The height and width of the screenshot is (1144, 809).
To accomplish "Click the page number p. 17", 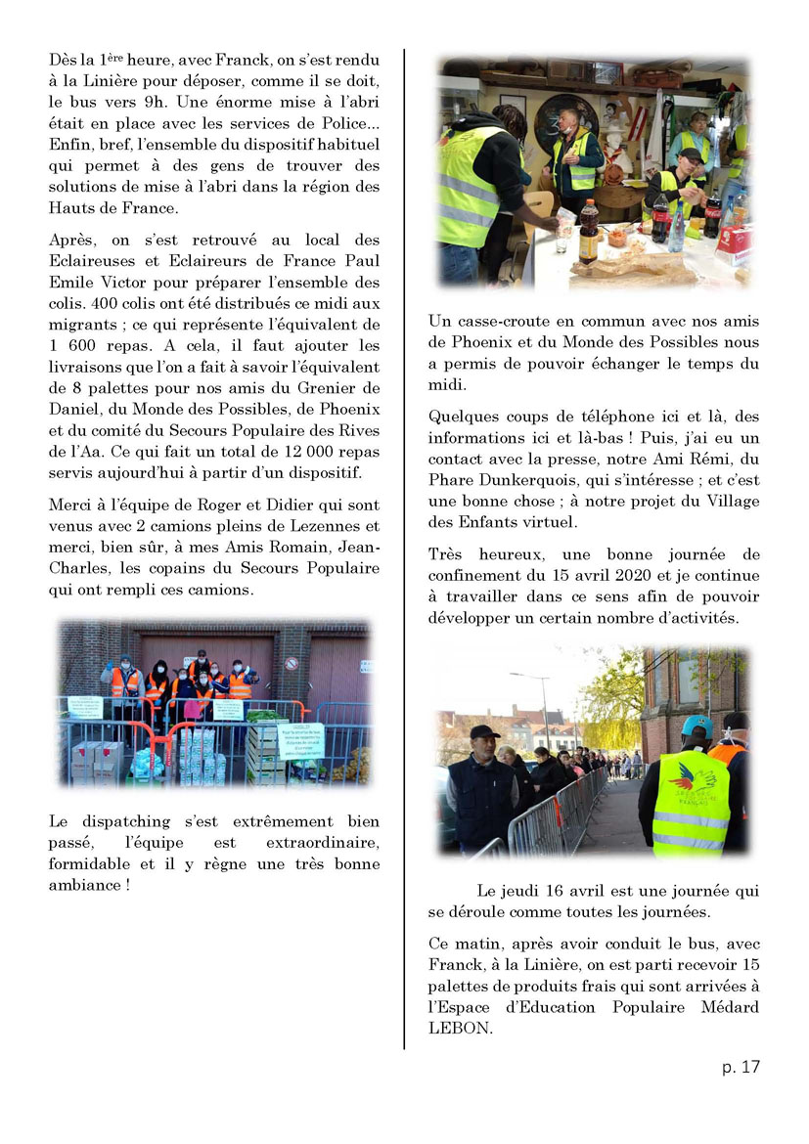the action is [x=741, y=1067].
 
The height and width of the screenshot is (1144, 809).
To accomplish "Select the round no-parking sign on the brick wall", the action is [x=291, y=663].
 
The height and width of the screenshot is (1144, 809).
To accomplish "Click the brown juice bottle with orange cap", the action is [x=588, y=232].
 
